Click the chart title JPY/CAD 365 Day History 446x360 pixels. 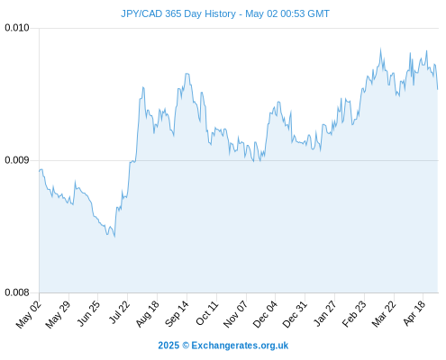tap(178, 13)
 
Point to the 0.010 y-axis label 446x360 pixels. tap(17, 28)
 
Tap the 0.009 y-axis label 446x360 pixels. tap(17, 160)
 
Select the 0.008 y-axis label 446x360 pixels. tap(17, 292)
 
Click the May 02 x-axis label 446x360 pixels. tap(28, 314)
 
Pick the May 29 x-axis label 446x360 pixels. tap(58, 314)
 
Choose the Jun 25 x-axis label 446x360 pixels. tap(87, 314)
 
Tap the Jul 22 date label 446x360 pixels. tap(119, 312)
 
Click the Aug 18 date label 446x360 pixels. tap(147, 314)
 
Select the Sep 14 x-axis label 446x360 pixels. tap(177, 314)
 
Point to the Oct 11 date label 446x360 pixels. tap(206, 313)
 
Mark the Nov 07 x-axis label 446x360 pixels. tap(235, 314)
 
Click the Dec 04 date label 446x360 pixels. tap(265, 314)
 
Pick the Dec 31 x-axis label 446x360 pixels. tap(295, 314)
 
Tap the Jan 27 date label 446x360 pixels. tap(324, 313)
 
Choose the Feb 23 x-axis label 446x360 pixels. tap(354, 314)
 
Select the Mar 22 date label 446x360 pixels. tap(384, 314)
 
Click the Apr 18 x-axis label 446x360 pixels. tap(414, 313)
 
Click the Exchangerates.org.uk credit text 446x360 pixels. tap(240, 346)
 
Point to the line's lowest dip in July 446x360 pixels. tap(114, 237)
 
